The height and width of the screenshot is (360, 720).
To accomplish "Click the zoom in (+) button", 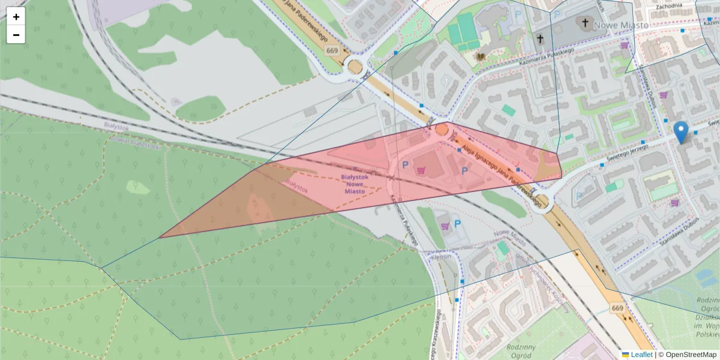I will pyautogui.click(x=16, y=17).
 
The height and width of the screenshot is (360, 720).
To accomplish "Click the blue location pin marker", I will pyautogui.click(x=680, y=131).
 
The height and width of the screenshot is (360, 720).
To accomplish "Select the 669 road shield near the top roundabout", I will pyautogui.click(x=333, y=51).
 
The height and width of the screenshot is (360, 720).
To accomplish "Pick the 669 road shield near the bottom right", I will pyautogui.click(x=618, y=308).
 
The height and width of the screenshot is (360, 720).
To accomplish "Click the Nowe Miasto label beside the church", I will pyautogui.click(x=621, y=25).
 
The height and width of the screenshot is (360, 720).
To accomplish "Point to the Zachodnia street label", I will pyautogui.click(x=669, y=6).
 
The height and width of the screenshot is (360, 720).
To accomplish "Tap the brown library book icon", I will pyautogui.click(x=480, y=56).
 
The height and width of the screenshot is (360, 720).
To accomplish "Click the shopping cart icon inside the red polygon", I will pyautogui.click(x=421, y=170).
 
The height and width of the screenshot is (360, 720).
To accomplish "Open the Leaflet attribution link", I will pyautogui.click(x=641, y=355).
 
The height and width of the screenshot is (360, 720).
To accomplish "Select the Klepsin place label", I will pyautogui.click(x=440, y=256).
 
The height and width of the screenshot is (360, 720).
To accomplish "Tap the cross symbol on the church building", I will pyautogui.click(x=584, y=23).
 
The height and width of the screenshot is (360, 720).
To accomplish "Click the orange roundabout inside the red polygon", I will pyautogui.click(x=442, y=129).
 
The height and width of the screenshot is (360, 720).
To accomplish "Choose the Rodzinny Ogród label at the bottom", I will pyautogui.click(x=520, y=351).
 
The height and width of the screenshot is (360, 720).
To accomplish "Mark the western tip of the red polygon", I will pyautogui.click(x=160, y=238).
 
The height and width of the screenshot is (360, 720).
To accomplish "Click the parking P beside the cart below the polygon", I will pyautogui.click(x=458, y=224).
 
